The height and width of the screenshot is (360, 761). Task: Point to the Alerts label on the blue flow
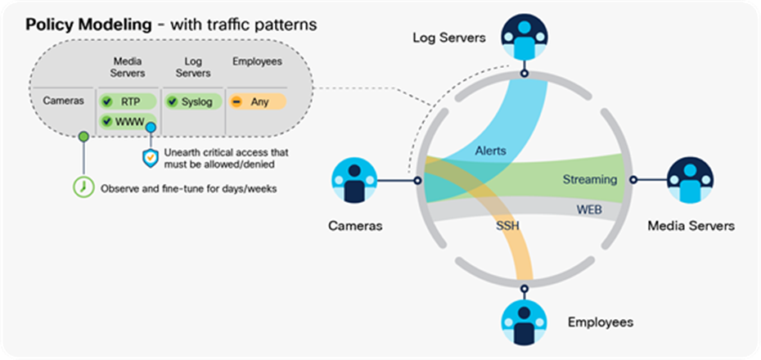tap(491, 151)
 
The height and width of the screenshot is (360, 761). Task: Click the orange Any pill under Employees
tap(256, 102)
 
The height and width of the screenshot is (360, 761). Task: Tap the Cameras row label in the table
tap(62, 101)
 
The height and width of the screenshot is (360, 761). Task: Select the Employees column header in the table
tap(256, 61)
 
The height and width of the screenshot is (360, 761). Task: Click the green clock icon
tap(83, 187)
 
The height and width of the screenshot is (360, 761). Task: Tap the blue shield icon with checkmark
tap(150, 157)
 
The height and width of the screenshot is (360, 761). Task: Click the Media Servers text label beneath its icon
tap(691, 226)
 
